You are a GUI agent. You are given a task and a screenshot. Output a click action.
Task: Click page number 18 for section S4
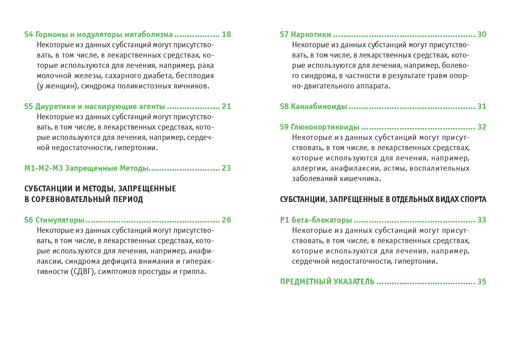(226, 35)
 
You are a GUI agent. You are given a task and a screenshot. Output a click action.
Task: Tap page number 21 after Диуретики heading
(226, 107)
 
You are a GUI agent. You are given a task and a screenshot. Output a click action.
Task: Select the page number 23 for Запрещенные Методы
(226, 168)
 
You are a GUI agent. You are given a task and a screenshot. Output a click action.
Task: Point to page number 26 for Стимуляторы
(226, 220)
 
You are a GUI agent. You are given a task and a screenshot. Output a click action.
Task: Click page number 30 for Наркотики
(482, 35)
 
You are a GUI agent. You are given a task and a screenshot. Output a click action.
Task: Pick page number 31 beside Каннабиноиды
(482, 107)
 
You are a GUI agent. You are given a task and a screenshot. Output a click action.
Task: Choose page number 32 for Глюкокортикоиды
(482, 127)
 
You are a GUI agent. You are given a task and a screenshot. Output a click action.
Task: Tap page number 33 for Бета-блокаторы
(482, 220)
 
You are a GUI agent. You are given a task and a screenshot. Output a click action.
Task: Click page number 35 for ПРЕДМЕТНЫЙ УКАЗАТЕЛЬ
(482, 282)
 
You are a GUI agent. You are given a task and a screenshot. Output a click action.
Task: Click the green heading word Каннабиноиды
(319, 107)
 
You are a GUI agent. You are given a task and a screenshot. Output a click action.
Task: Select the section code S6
(28, 220)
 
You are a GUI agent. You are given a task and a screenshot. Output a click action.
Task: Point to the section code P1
(285, 220)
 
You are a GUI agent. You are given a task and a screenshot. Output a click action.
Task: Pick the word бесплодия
(195, 76)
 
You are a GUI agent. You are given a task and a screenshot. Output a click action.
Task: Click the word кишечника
(360, 179)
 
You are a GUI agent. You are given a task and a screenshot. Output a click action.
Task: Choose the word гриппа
(193, 272)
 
